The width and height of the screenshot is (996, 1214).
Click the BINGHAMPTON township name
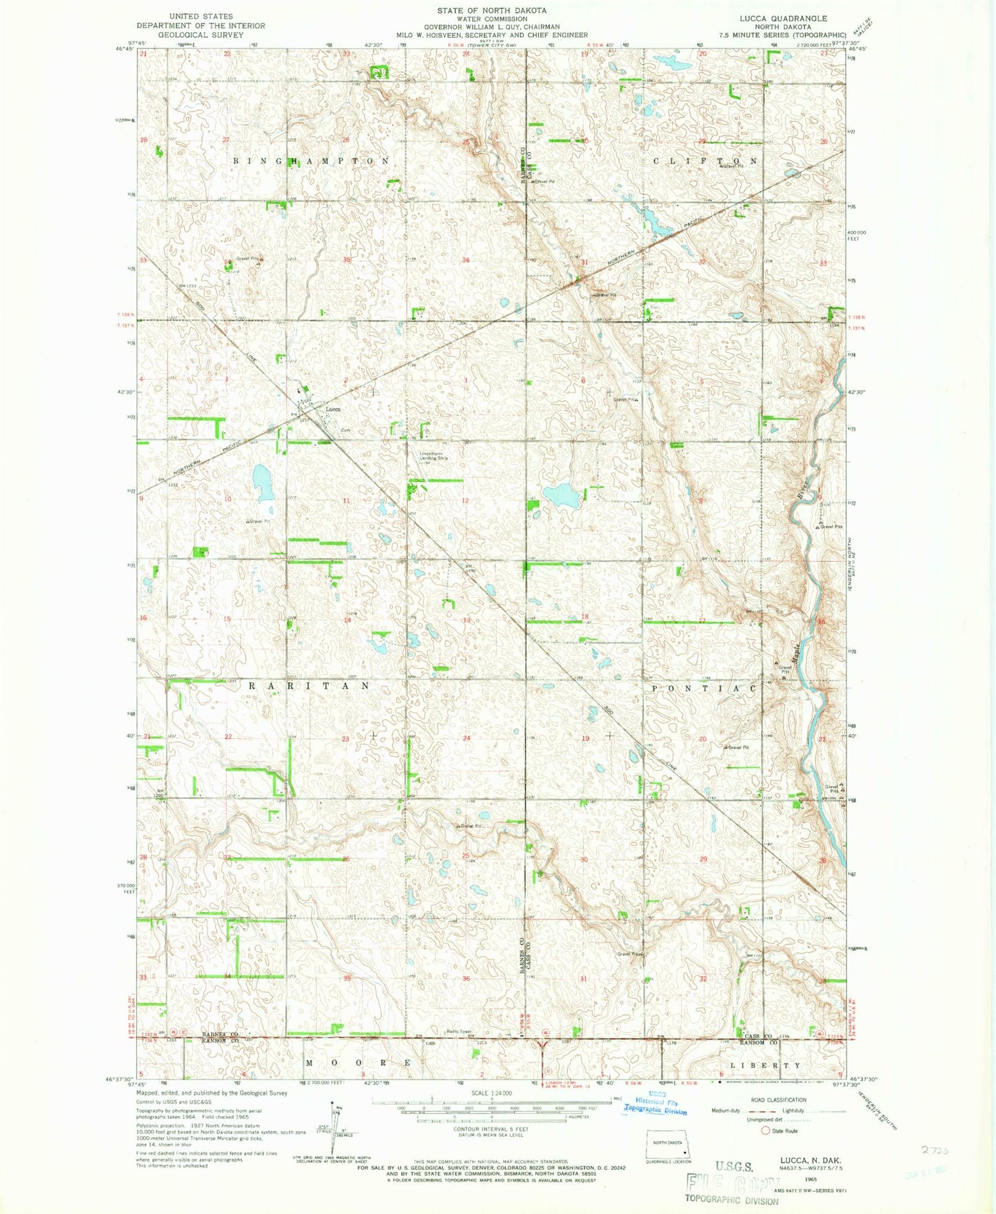(311, 161)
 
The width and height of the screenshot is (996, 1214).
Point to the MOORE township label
(358, 1064)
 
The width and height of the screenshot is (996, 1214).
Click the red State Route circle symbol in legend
(764, 1131)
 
